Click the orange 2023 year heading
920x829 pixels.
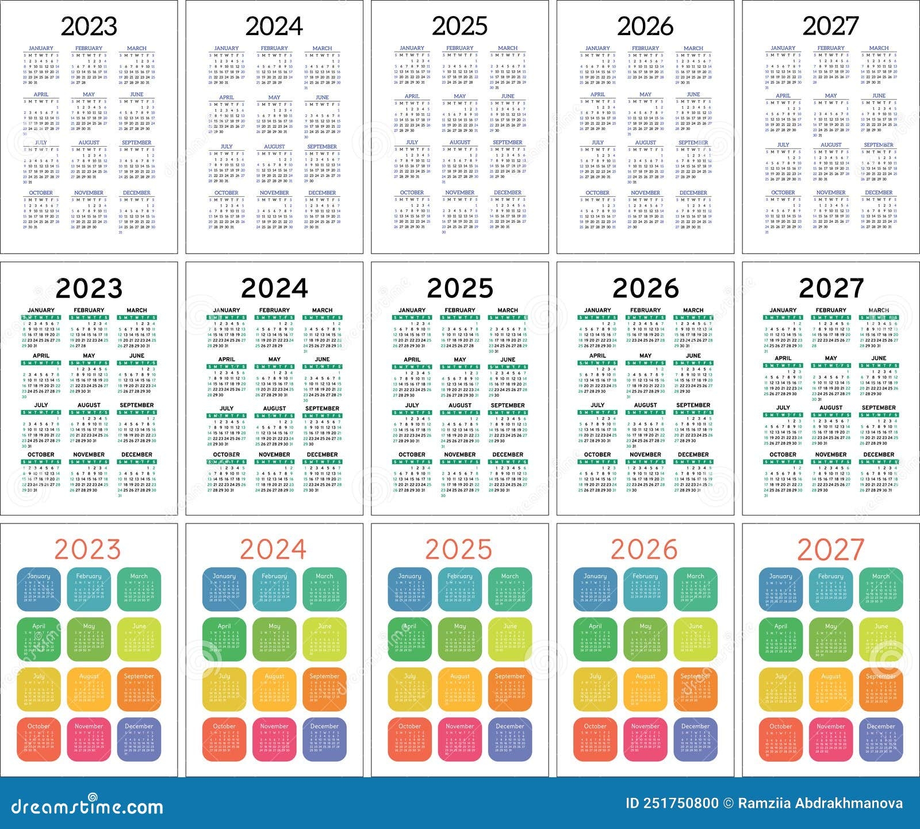87,550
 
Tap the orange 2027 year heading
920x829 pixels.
830,550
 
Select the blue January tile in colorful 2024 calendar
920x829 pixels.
224,589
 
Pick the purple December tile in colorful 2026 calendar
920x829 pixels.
695,739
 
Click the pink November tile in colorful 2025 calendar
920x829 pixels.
459,739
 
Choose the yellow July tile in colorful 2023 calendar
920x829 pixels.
39,689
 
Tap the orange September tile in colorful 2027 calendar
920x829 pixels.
881,689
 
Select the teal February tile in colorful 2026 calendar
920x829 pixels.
645,589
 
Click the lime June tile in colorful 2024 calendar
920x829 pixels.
324,639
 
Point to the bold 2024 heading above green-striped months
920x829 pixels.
274,288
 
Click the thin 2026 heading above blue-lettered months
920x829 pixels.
645,26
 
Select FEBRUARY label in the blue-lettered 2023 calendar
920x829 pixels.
89,48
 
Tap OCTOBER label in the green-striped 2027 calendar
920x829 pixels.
783,454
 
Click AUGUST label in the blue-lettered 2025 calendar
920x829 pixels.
459,142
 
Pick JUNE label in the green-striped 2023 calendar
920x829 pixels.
137,356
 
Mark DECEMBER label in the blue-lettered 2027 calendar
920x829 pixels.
879,193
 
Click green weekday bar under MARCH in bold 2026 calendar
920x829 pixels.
693,318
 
